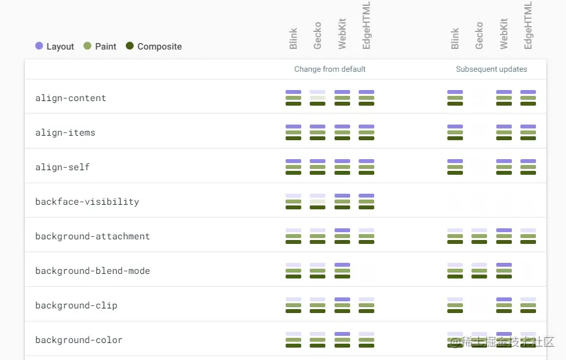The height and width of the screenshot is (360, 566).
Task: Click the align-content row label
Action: (70, 98)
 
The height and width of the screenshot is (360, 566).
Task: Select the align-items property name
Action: (65, 133)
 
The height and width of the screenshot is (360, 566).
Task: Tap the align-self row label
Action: (63, 168)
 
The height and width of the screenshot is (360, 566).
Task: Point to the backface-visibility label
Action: (87, 202)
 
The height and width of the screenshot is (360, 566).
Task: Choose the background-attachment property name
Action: (93, 237)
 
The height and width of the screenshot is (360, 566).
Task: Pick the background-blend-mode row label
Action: (93, 271)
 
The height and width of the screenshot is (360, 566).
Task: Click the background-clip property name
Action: (76, 306)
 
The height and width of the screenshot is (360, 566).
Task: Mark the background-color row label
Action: (79, 340)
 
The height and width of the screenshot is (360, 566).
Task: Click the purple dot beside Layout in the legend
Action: (39, 46)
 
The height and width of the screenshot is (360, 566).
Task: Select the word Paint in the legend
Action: (106, 47)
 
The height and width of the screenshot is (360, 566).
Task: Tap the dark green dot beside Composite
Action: (130, 46)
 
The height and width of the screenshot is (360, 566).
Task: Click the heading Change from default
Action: (330, 69)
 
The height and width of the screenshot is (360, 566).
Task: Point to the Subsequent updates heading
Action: (492, 69)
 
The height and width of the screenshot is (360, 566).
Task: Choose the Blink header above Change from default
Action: (293, 38)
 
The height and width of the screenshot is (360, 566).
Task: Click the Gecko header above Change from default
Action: (318, 36)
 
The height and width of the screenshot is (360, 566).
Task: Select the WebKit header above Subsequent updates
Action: (504, 34)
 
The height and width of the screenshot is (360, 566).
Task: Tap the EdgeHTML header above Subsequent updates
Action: (528, 25)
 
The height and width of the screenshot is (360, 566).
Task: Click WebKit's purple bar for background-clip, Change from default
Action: (342, 299)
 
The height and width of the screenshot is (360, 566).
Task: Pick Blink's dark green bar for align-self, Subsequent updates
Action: (455, 173)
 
